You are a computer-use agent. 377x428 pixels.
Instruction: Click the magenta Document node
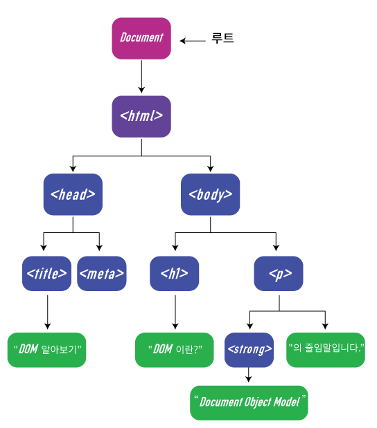click(141, 38)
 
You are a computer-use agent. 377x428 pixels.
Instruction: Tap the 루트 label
click(222, 39)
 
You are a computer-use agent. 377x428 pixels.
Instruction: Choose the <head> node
click(73, 194)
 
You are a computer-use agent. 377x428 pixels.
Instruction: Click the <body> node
click(211, 194)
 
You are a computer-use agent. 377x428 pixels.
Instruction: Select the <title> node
click(47, 273)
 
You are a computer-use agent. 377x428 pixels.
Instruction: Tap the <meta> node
click(101, 273)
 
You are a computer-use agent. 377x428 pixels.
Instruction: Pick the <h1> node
click(174, 273)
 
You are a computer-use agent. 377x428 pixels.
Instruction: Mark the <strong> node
click(249, 349)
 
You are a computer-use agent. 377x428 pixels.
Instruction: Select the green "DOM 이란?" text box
click(175, 349)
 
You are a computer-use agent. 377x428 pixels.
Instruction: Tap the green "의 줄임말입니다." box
click(326, 349)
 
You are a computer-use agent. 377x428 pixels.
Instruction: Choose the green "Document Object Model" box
click(249, 402)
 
